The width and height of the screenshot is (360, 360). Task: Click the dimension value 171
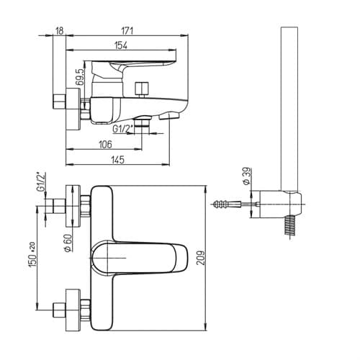[x=127, y=31]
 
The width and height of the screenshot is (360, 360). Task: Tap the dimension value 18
[x=59, y=31]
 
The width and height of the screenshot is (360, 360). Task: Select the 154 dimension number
[x=121, y=45]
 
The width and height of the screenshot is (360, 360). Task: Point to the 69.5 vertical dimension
[x=80, y=77]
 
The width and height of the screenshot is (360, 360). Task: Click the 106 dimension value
[x=105, y=144]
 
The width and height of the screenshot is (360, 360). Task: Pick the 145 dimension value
[x=118, y=160]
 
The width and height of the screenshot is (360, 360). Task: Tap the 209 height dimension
[x=201, y=258]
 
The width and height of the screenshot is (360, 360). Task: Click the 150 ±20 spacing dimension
[x=32, y=255]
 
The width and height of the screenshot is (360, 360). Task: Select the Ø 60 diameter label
[x=68, y=243]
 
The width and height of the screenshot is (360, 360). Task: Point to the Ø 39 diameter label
[x=247, y=176]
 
